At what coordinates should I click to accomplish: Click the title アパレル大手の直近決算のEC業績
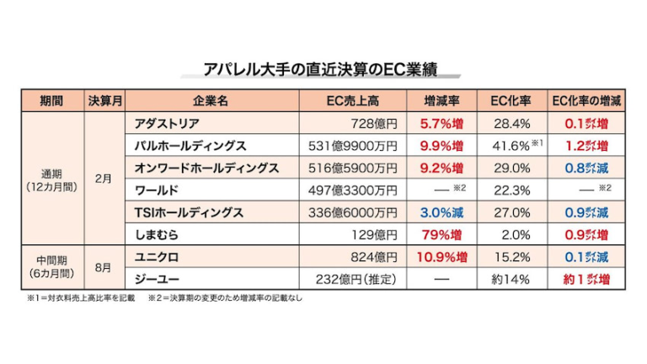[x=323, y=69]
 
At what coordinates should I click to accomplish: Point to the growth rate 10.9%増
[x=442, y=255]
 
